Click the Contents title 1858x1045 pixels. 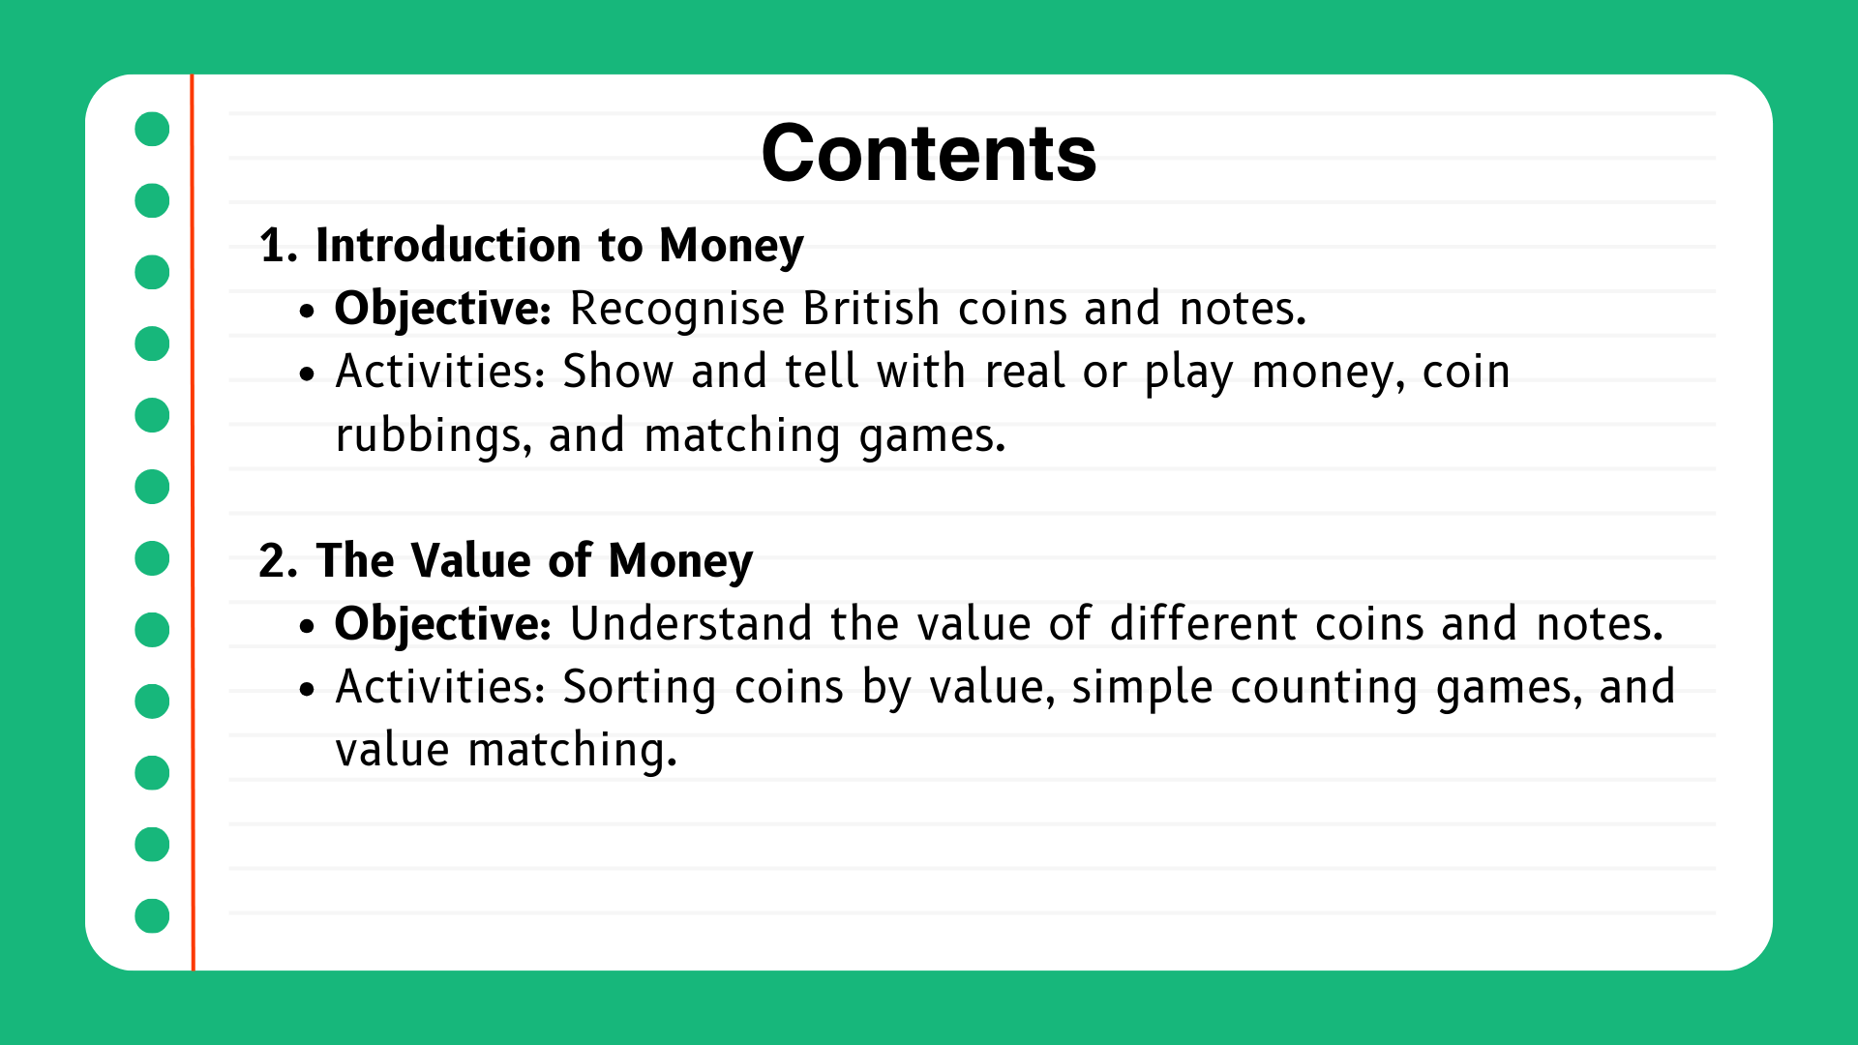coord(928,155)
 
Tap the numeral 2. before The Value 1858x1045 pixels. coord(277,561)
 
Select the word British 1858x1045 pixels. coord(871,310)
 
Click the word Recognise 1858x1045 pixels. coord(676,310)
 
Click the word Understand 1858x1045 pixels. coord(690,624)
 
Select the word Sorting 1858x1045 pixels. coord(639,688)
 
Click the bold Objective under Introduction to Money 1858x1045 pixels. coord(442,310)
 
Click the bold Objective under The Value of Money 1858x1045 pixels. coord(442,624)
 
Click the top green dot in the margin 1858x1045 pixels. coord(152,129)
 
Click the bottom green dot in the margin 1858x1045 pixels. coord(152,915)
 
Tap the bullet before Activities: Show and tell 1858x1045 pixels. coord(308,373)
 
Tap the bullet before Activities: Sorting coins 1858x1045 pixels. coord(308,689)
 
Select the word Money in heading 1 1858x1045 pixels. coord(731,246)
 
